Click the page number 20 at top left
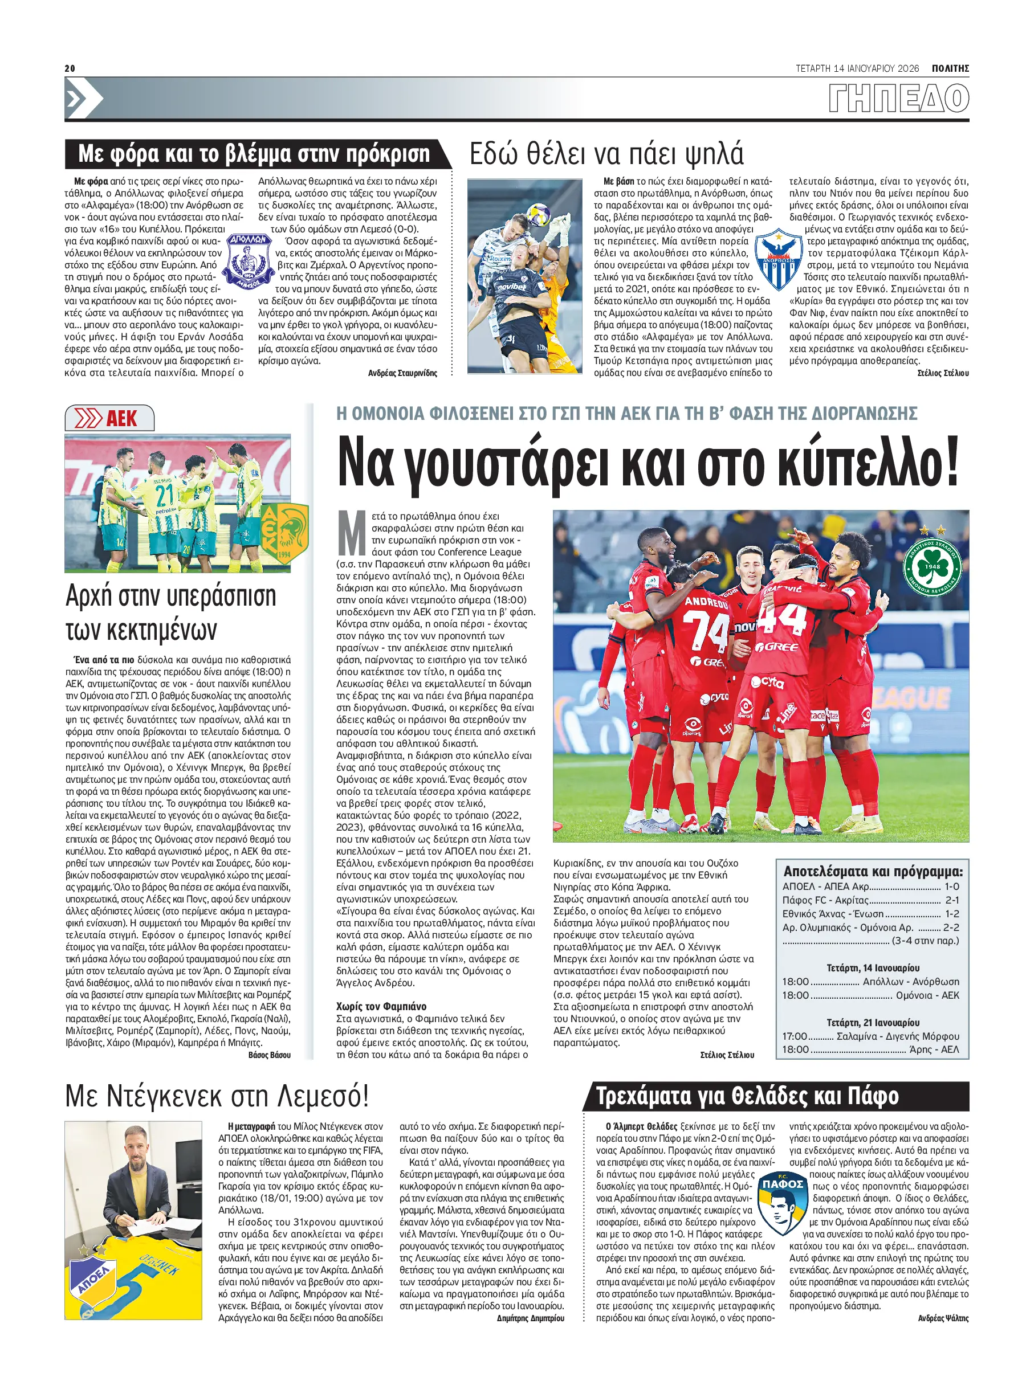tap(70, 68)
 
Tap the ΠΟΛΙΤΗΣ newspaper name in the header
tap(950, 68)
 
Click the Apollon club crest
tap(249, 261)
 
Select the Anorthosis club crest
tap(778, 259)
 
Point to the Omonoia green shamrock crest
tap(932, 566)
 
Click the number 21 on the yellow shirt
tap(165, 495)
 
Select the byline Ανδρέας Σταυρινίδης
tap(402, 373)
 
